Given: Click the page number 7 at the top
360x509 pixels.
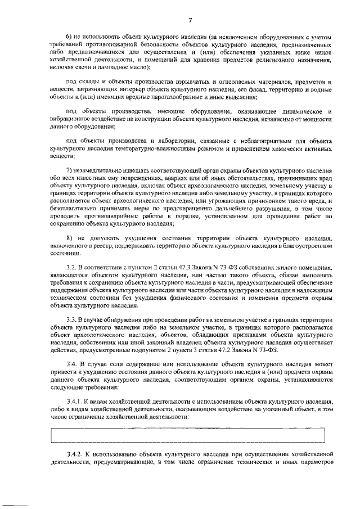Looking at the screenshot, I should [190, 21].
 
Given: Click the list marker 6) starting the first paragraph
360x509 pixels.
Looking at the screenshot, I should [70, 37].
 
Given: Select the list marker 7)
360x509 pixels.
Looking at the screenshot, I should [70, 171].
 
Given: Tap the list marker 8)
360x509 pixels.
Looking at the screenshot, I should [70, 239].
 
